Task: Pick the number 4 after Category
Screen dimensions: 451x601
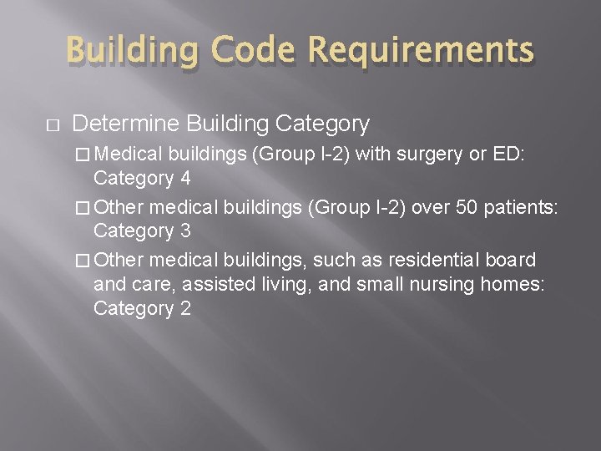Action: [184, 178]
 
